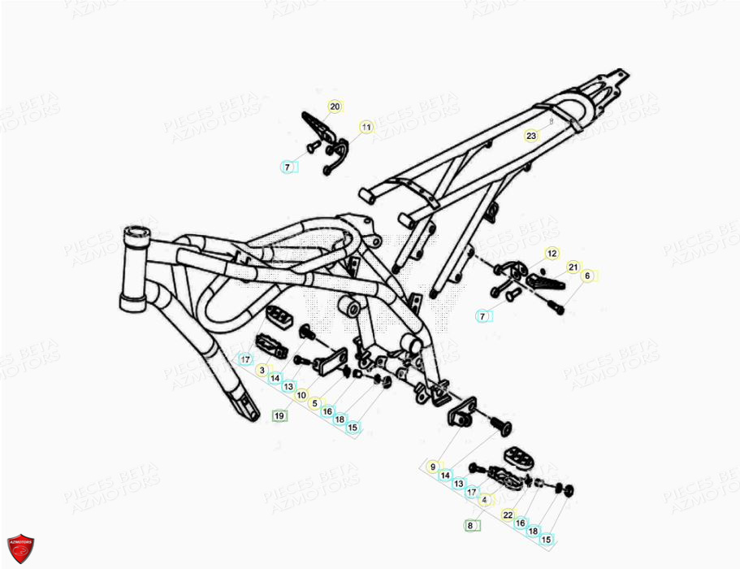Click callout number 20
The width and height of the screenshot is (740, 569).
coord(335,106)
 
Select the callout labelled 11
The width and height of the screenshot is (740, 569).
coord(366,127)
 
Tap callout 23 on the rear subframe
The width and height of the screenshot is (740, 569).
coord(531,135)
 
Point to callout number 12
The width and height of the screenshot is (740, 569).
coord(552,254)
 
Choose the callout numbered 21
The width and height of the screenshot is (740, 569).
coord(573,267)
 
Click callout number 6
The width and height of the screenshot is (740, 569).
coord(587,276)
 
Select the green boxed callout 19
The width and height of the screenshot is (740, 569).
coord(279,416)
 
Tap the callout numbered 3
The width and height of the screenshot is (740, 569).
coord(262,370)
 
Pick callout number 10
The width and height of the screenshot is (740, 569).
coord(301,395)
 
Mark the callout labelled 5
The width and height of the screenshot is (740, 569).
coord(314,403)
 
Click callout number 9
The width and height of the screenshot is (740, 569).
coord(433,467)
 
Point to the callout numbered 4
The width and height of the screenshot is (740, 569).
coord(485,501)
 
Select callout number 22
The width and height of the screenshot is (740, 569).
coord(508,515)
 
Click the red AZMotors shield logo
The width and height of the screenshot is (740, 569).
coord(19,549)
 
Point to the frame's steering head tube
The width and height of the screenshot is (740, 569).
coord(133,268)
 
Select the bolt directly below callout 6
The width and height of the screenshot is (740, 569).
coord(556,307)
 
